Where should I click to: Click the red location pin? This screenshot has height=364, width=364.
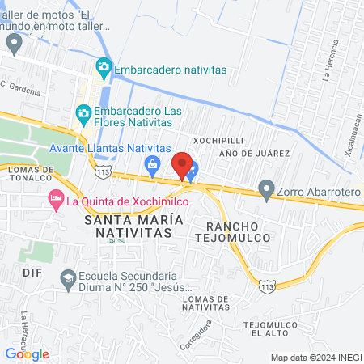pyautogui.click(x=183, y=165)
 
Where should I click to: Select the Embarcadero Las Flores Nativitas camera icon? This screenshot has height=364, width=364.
pyautogui.click(x=83, y=112)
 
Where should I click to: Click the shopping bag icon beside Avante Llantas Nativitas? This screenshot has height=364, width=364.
pyautogui.click(x=151, y=165)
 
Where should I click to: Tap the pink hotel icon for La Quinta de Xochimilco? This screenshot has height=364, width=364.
pyautogui.click(x=56, y=198)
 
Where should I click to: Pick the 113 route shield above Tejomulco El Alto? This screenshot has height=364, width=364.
pyautogui.click(x=267, y=286)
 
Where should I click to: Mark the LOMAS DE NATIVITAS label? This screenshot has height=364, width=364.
pyautogui.click(x=206, y=302)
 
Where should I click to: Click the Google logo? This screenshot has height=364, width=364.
pyautogui.click(x=27, y=353)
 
